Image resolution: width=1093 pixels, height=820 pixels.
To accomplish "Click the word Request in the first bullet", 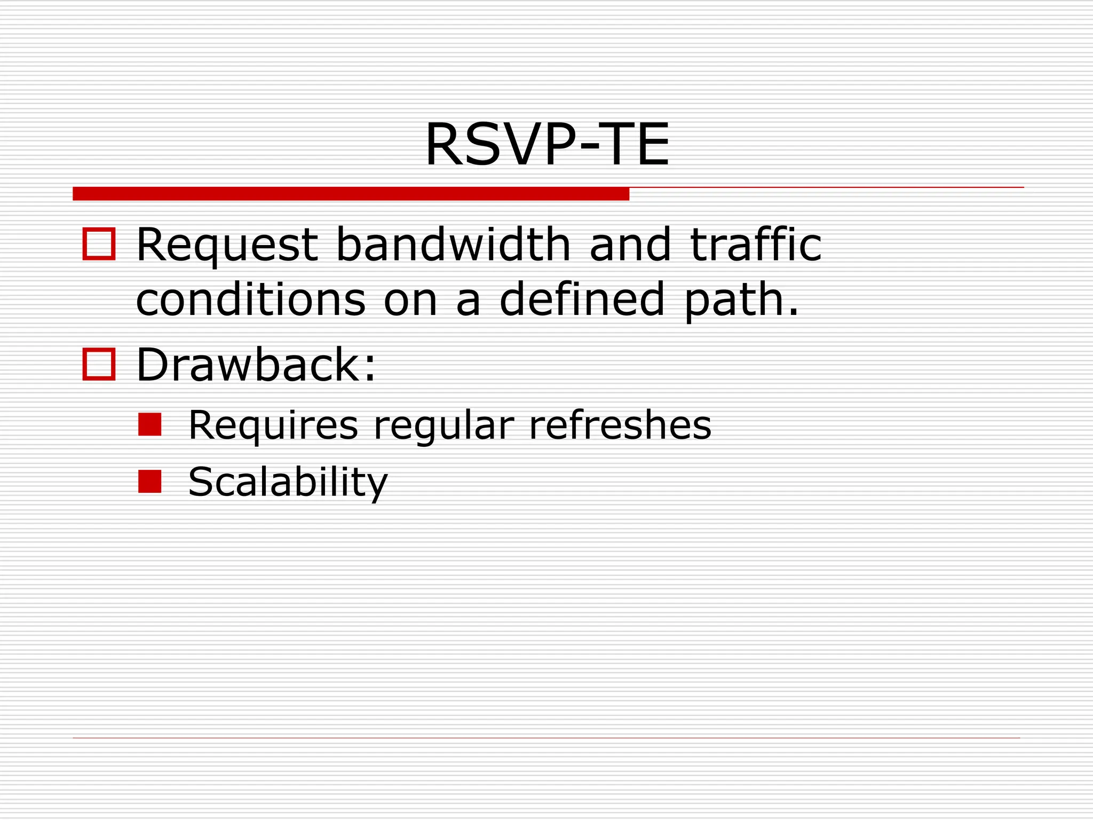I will point(227,245).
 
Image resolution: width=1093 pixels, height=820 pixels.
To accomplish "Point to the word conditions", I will point(251,299).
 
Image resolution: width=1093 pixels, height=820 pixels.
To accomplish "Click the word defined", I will point(582,299).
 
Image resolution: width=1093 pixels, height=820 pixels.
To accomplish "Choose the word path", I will point(741,301).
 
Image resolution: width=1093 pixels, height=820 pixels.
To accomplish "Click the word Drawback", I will point(251,365).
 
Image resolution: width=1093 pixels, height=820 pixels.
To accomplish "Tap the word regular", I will point(443,427).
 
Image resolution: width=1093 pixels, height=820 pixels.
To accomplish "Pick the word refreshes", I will point(620,425).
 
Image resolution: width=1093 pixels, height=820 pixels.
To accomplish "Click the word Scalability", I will point(288,482).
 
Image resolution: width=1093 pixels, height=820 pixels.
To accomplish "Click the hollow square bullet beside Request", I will point(99,245).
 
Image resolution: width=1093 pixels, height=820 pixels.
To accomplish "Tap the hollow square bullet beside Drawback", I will point(99,365).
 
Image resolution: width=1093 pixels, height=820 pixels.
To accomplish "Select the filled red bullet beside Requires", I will point(149,425).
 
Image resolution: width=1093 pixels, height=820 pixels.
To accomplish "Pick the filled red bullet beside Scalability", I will point(149,481).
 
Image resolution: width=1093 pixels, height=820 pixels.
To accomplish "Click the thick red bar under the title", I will point(351,194).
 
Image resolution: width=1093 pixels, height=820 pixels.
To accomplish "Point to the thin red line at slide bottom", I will point(546,738).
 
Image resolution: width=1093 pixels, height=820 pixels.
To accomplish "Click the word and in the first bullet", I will point(630,245).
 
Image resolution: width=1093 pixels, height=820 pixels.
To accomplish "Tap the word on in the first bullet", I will point(410,301).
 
